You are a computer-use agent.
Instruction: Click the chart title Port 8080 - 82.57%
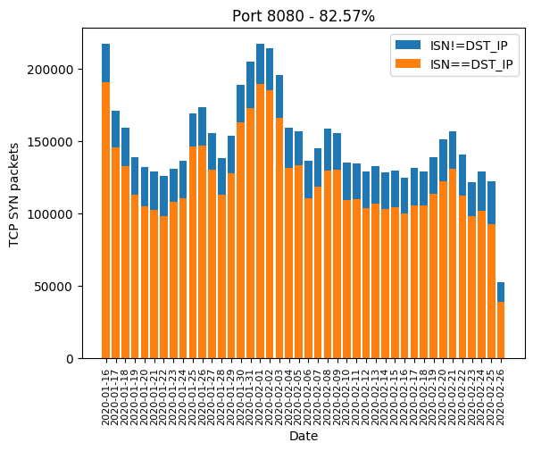point(304,16)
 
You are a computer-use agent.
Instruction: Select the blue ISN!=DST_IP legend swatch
point(408,45)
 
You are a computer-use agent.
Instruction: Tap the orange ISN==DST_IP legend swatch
point(408,63)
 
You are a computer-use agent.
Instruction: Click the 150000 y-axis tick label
point(50,142)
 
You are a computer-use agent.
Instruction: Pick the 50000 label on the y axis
point(54,287)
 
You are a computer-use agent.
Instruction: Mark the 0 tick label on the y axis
point(70,359)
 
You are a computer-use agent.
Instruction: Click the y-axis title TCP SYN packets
point(13,195)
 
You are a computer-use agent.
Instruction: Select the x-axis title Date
point(304,436)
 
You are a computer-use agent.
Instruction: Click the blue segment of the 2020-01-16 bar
point(105,63)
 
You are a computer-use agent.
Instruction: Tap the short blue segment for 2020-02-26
point(501,292)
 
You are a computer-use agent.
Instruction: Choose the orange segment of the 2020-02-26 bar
point(501,330)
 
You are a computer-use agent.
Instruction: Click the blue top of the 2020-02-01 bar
point(261,64)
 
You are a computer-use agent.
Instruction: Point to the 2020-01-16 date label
point(105,397)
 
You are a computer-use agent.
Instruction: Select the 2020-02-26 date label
point(500,397)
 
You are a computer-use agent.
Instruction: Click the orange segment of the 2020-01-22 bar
point(164,288)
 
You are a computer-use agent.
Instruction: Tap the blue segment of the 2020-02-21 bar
point(453,150)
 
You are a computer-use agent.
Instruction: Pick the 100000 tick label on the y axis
point(50,214)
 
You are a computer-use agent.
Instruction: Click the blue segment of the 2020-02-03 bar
point(279,96)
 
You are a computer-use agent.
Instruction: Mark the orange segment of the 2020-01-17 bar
point(115,253)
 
